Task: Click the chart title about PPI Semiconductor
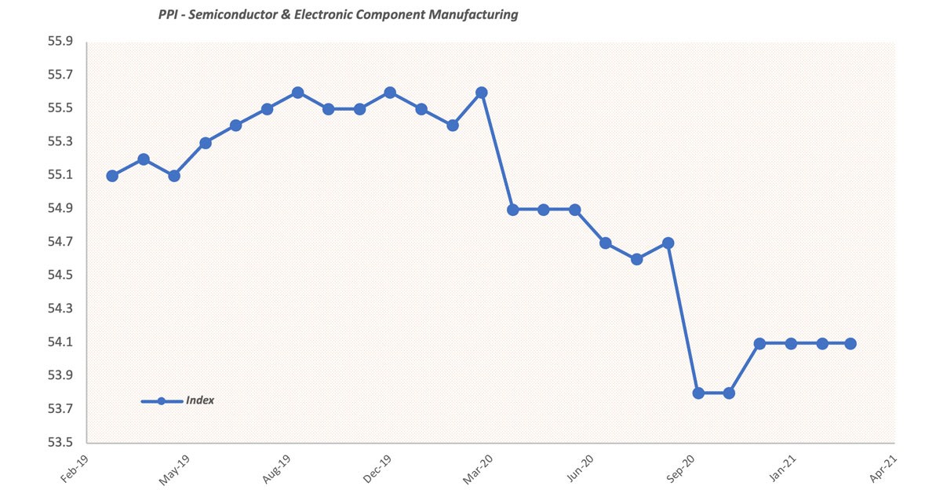(338, 14)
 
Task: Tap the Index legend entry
(177, 401)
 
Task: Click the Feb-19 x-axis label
(75, 468)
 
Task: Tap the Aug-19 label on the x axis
(276, 468)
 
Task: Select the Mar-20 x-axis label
(478, 468)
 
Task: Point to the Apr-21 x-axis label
(883, 468)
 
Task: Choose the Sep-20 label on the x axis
(680, 468)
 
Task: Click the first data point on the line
(112, 176)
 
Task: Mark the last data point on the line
(850, 343)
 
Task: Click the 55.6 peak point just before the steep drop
(482, 93)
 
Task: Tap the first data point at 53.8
(698, 393)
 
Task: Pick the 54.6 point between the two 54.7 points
(637, 259)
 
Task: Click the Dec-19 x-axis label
(377, 468)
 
